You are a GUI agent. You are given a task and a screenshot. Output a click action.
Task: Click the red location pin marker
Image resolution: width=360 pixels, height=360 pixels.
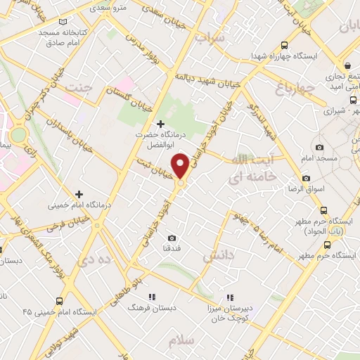tap(181, 167)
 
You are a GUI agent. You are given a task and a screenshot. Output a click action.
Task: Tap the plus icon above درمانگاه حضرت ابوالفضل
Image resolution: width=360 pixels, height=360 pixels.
tap(161, 123)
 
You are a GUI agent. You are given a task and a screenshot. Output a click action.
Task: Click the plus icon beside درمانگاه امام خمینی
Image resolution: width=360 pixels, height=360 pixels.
tap(79, 194)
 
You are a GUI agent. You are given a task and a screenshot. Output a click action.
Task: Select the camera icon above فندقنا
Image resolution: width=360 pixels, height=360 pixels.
tap(173, 238)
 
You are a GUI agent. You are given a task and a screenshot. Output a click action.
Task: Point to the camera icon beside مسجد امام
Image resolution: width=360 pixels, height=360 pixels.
tap(320, 147)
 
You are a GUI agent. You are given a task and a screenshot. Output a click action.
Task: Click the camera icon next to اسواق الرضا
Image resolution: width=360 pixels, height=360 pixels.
tap(305, 179)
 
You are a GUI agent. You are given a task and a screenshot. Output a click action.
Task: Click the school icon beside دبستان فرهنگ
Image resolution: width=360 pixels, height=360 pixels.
tap(152, 297)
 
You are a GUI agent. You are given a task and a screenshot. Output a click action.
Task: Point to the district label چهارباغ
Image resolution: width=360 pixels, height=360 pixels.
tap(272, 89)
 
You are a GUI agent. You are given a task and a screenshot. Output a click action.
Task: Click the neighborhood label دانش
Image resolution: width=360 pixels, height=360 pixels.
tap(218, 257)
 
